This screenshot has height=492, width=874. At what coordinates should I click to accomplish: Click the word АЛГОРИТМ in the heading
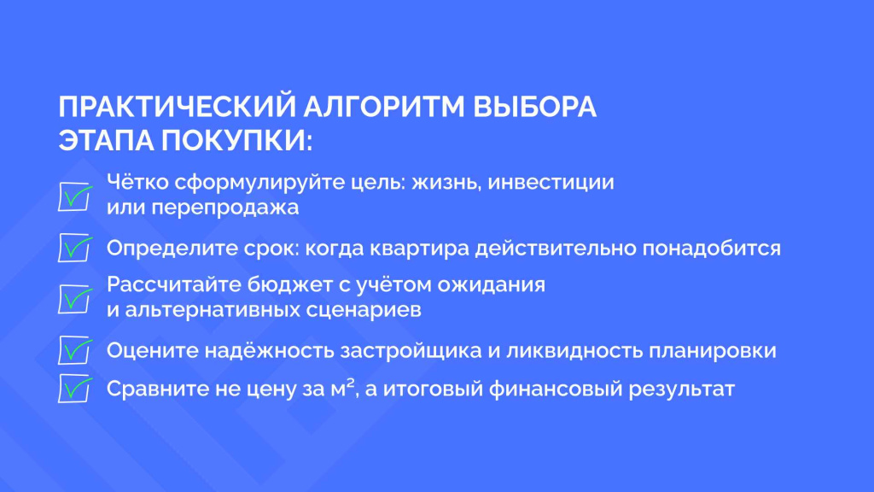[384, 107]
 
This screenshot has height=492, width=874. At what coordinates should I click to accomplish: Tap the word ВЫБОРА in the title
[535, 107]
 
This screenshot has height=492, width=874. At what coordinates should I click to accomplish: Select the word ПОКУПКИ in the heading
[238, 139]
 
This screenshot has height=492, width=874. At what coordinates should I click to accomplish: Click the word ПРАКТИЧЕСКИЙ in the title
[177, 107]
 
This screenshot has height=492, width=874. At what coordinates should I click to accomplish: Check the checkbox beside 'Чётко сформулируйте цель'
[75, 196]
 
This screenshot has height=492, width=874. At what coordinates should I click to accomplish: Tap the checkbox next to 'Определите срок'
[75, 248]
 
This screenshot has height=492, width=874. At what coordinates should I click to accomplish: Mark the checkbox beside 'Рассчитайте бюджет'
[75, 299]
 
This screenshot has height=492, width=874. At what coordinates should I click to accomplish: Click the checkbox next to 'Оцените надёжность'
[75, 350]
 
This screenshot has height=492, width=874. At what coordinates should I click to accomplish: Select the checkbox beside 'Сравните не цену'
[75, 389]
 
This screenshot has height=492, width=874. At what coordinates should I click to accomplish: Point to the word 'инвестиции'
[551, 183]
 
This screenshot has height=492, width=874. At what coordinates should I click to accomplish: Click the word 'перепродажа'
[225, 208]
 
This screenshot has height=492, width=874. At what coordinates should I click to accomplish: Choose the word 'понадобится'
[712, 249]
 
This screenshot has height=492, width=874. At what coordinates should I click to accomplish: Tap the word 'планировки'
[713, 351]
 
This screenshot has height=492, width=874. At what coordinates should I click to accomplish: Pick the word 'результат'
[682, 389]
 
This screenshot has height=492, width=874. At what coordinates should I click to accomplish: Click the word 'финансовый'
[555, 389]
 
